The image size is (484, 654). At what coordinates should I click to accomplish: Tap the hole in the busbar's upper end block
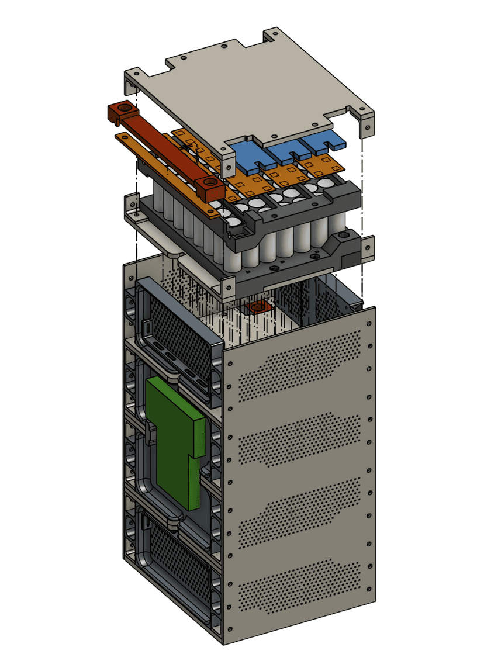[123, 108]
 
